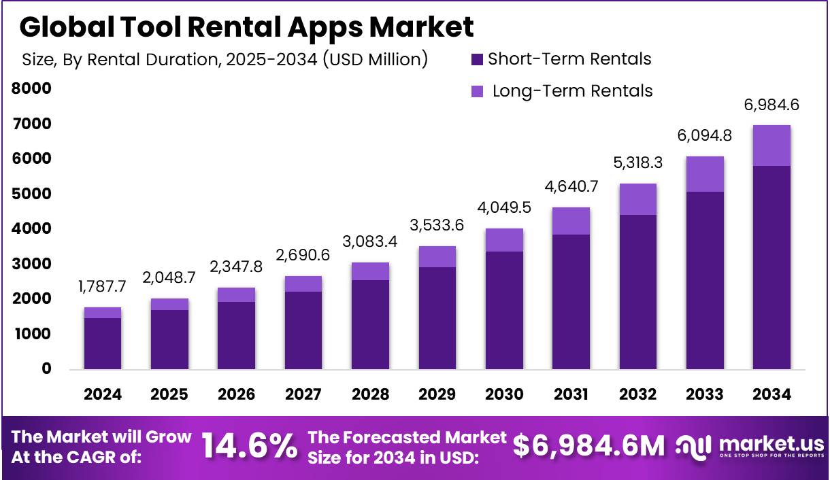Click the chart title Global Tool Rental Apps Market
(246, 27)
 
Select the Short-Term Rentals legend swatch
(477, 60)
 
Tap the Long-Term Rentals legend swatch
(477, 91)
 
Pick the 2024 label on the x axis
(103, 394)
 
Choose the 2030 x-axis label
(504, 394)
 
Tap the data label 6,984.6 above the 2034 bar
(771, 105)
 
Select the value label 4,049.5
(504, 207)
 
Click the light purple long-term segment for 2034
(771, 145)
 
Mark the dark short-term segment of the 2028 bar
(370, 325)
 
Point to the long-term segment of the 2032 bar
(637, 199)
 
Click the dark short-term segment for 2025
(169, 340)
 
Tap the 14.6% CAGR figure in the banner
(250, 446)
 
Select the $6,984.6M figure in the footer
(588, 446)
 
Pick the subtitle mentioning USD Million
(225, 60)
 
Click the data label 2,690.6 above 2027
(303, 256)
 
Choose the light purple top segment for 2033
(705, 174)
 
